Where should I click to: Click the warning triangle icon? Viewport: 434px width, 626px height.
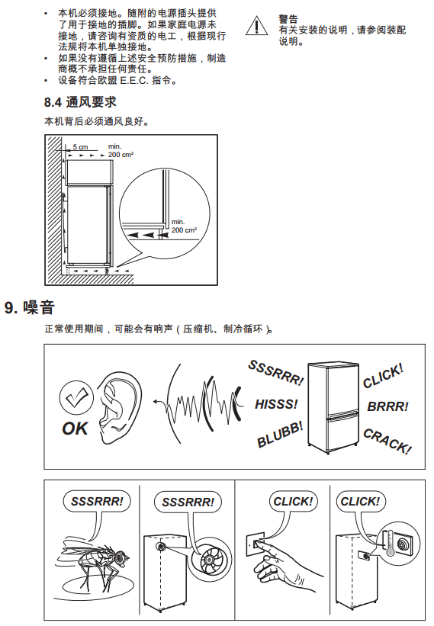pyautogui.click(x=256, y=26)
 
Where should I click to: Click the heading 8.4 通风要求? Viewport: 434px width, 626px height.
pyautogui.click(x=80, y=102)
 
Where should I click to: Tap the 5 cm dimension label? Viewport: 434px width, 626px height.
pyautogui.click(x=80, y=147)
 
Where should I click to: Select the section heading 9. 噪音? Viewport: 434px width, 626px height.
pyautogui.click(x=30, y=307)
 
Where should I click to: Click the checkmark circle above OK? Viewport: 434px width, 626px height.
pyautogui.click(x=76, y=398)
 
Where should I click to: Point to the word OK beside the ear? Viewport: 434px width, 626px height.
pyautogui.click(x=75, y=429)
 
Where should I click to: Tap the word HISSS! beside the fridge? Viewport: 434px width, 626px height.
pyautogui.click(x=276, y=404)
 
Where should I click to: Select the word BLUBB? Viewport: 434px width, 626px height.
pyautogui.click(x=280, y=435)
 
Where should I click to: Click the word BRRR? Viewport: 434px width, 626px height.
pyautogui.click(x=387, y=406)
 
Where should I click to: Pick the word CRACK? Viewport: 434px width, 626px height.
pyautogui.click(x=387, y=441)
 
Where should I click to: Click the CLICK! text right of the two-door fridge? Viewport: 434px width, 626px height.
pyautogui.click(x=383, y=376)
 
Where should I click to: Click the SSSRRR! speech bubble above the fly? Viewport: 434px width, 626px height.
pyautogui.click(x=97, y=501)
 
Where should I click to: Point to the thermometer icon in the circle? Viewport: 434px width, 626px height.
pyautogui.click(x=389, y=544)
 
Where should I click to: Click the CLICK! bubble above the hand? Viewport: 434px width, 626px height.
pyautogui.click(x=293, y=501)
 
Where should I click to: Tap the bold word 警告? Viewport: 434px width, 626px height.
pyautogui.click(x=288, y=19)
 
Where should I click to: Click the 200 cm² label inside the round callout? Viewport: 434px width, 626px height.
pyautogui.click(x=184, y=230)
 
